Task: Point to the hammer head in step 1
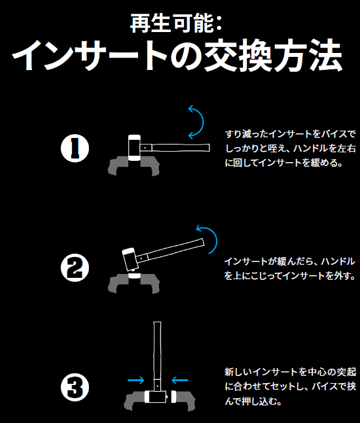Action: coord(134,146)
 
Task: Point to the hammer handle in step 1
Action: coord(177,145)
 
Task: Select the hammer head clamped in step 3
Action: coord(157,397)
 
